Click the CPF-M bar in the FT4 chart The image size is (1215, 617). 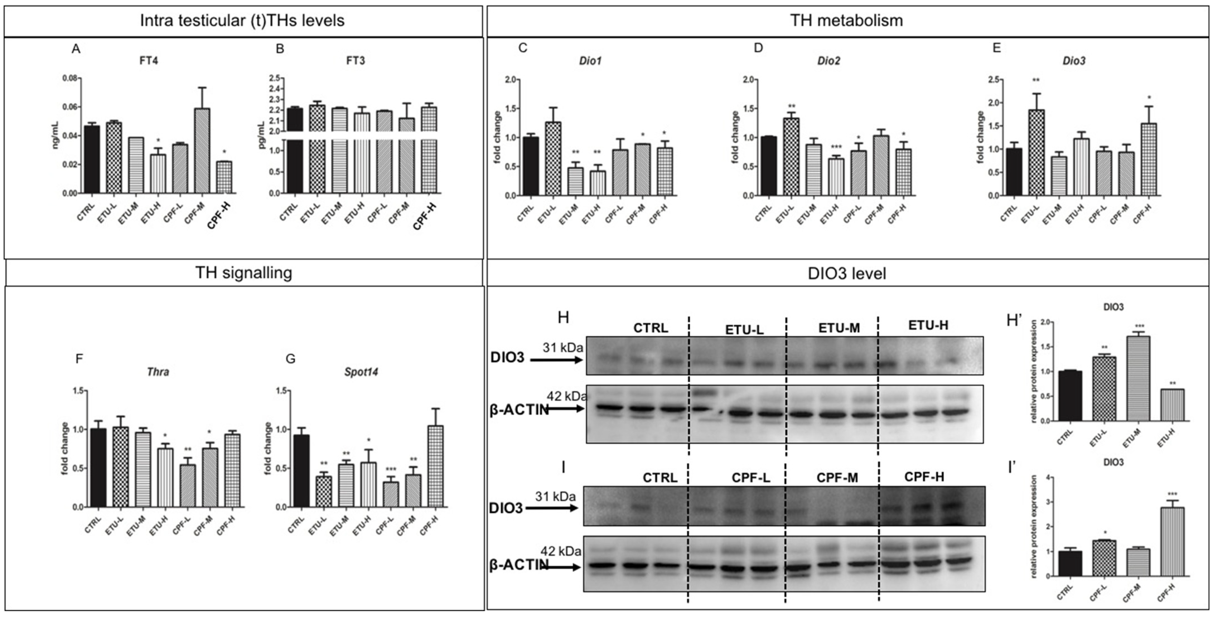(x=202, y=151)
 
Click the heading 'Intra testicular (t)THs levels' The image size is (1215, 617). (x=242, y=21)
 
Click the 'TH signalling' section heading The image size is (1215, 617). (x=243, y=273)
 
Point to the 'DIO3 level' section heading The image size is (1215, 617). (x=847, y=274)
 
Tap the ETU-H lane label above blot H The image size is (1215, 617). (x=928, y=325)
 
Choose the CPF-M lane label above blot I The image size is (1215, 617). (x=837, y=477)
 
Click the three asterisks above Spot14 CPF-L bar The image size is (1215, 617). (x=391, y=469)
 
